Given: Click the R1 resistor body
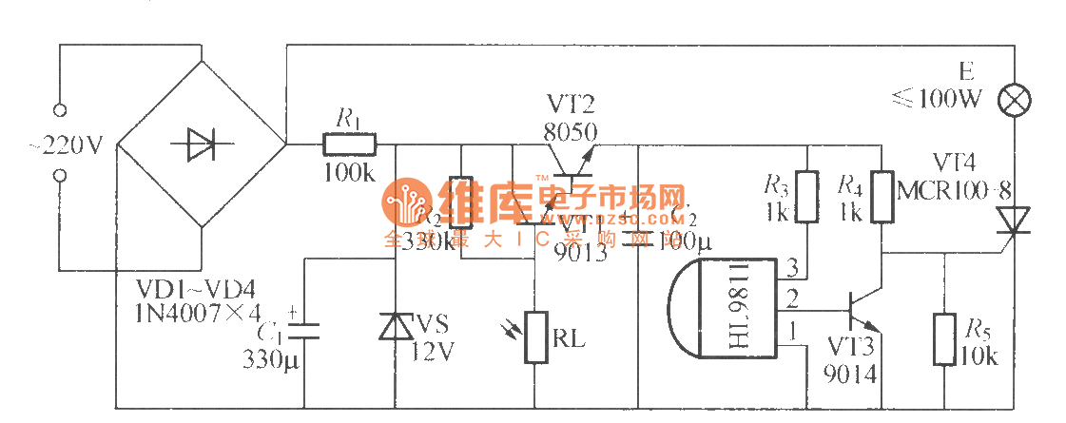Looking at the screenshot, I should pos(349,145).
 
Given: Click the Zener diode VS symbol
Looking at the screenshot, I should pos(395,326).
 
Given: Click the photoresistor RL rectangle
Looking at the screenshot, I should pos(537,337).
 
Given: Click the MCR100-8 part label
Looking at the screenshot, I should pos(941,191).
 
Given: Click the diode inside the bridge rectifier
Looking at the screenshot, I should pos(202,144).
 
